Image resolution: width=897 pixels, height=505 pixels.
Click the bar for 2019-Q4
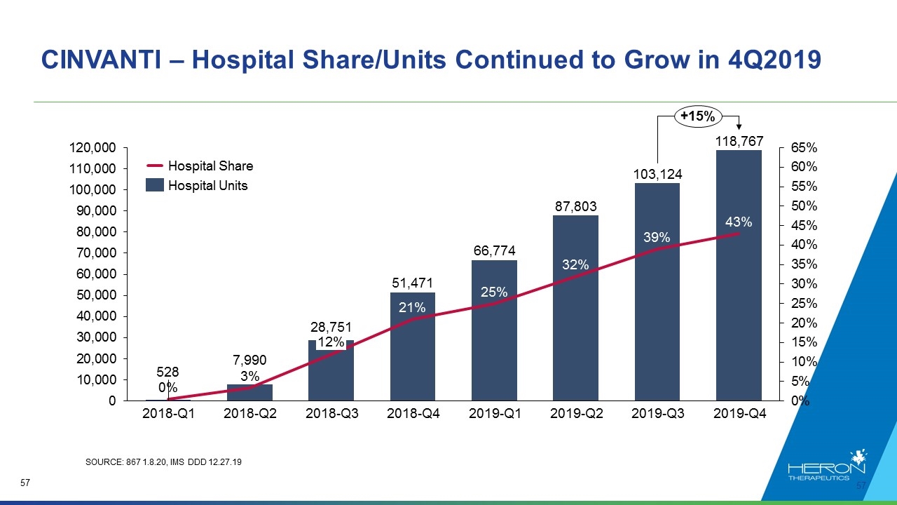pos(739,276)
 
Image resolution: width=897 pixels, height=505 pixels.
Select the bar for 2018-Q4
pos(413,346)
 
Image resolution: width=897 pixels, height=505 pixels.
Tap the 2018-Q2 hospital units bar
pos(250,392)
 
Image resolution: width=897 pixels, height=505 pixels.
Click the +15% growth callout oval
pos(698,116)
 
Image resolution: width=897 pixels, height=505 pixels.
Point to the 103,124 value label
pos(657,175)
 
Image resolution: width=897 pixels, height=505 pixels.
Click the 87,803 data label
pos(575,206)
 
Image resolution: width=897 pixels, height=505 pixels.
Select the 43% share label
pos(739,222)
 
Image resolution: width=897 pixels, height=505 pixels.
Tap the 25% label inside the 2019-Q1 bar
pos(494,292)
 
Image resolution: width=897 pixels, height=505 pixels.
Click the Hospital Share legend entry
pos(200,166)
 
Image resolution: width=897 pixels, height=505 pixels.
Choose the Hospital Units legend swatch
pos(155,185)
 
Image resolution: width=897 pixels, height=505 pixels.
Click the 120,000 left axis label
pos(93,147)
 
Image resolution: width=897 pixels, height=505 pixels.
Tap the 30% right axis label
pos(804,284)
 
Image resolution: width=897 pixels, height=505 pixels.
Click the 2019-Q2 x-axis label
pos(576,413)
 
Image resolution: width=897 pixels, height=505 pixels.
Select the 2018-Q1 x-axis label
pos(169,413)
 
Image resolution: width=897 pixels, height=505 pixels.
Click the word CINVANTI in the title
pos(101,60)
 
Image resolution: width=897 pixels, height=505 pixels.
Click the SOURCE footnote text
pos(163,462)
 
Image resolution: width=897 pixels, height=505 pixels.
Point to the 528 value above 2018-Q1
pos(167,372)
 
